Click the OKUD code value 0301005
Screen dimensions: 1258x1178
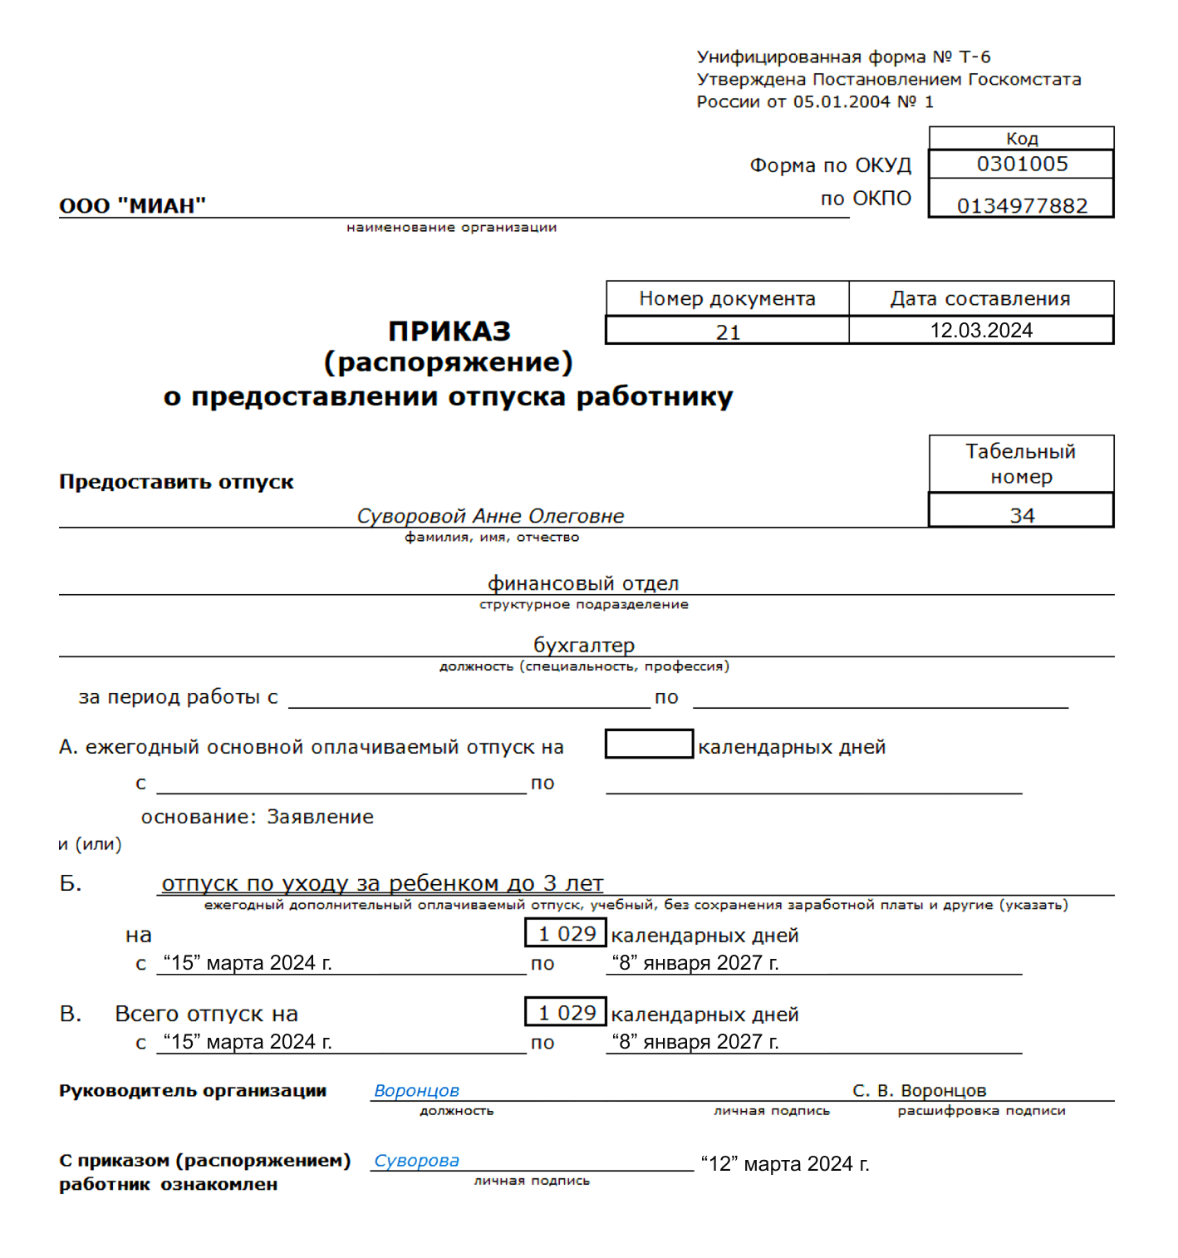(x=1021, y=164)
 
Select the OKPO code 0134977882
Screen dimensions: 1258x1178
(x=1021, y=205)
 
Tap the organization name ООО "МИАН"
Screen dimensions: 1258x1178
(x=132, y=205)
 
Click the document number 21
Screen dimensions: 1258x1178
(x=728, y=332)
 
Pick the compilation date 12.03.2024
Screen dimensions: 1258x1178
(x=980, y=331)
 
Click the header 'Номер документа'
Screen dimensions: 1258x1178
(x=727, y=298)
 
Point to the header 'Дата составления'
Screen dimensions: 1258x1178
(x=980, y=298)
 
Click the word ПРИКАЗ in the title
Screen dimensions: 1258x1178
(x=449, y=331)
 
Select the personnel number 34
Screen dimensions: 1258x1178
(x=1021, y=515)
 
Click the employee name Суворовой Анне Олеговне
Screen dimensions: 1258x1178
(x=490, y=516)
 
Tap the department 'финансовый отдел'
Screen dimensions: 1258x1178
(x=583, y=583)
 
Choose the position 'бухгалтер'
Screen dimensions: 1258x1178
(x=583, y=645)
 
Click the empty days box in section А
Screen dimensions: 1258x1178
(x=649, y=744)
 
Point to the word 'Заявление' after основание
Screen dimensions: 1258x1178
(x=320, y=817)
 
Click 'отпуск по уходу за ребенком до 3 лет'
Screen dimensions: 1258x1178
(x=382, y=882)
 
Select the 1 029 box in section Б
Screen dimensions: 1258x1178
(x=566, y=933)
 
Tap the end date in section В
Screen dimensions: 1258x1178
(x=695, y=1042)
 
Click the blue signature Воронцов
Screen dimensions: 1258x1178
(x=416, y=1090)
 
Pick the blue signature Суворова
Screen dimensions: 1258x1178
(x=416, y=1161)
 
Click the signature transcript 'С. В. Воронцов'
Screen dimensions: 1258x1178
(x=919, y=1090)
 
